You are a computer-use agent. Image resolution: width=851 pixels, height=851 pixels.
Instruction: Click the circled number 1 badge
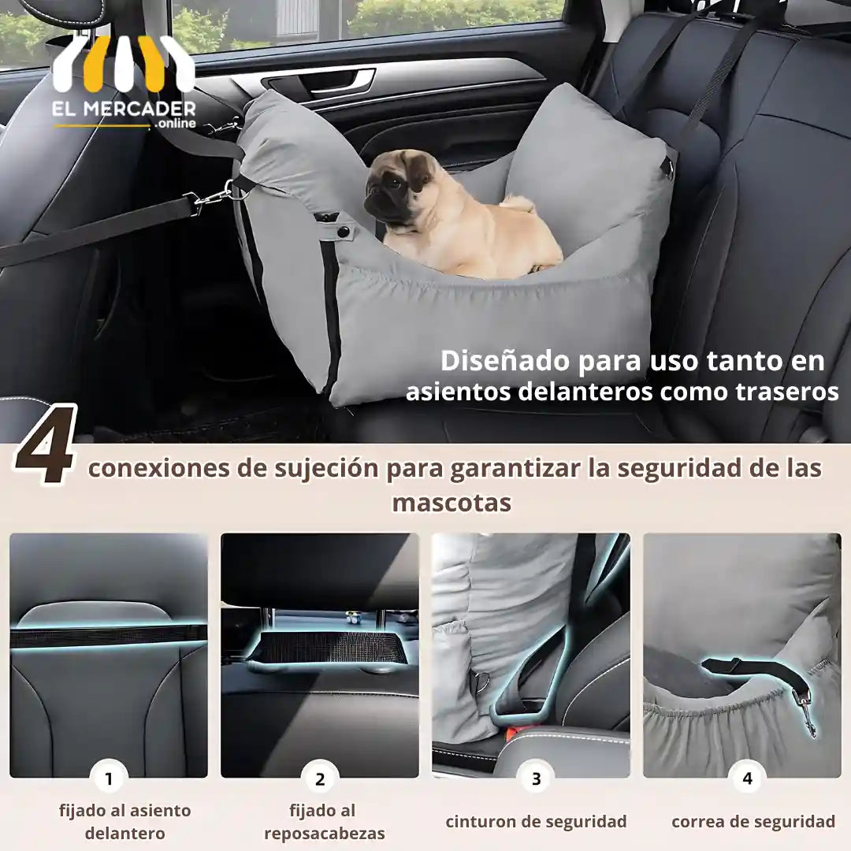tap(109, 779)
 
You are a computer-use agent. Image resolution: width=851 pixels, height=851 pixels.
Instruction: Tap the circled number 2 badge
tap(320, 779)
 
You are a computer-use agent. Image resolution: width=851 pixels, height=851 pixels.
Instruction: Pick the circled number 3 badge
tap(536, 779)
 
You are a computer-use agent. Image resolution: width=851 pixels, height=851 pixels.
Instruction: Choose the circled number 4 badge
tap(747, 779)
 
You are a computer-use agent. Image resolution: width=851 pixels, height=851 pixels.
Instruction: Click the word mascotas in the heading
tap(452, 503)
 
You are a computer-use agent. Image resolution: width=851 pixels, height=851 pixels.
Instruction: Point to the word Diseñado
tap(505, 360)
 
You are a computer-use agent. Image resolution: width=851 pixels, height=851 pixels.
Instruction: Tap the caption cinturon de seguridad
tap(537, 822)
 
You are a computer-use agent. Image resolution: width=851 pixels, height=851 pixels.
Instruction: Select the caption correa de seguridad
tap(753, 822)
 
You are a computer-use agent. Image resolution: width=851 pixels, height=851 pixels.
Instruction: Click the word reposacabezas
tap(325, 833)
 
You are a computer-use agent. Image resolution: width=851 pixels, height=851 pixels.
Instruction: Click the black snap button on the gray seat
tap(343, 232)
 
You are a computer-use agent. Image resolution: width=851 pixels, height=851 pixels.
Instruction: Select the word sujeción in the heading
tap(324, 469)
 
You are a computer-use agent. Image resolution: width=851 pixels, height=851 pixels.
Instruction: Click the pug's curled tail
tap(518, 204)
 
